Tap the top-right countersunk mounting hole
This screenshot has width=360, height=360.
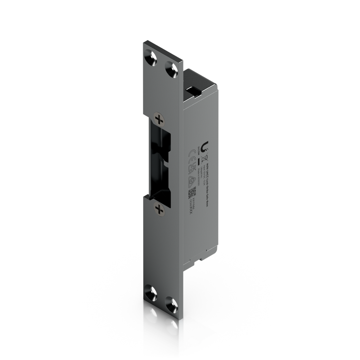pyautogui.click(x=170, y=69)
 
